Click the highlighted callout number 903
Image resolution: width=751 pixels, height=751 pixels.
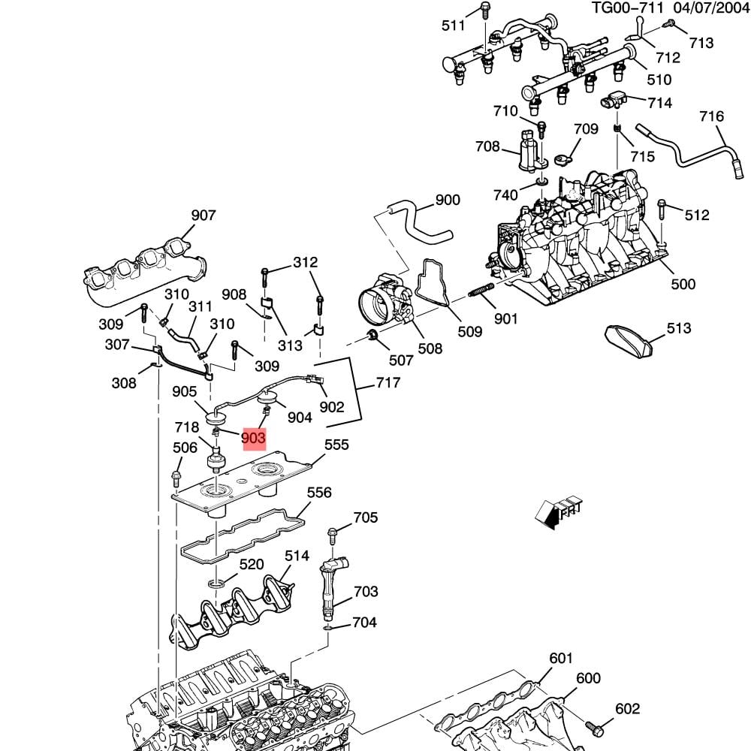tap(254, 438)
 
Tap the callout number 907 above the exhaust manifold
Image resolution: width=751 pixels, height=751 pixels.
tap(204, 216)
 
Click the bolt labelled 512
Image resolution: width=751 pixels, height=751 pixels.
tap(662, 210)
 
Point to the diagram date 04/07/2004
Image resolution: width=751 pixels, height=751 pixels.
tap(712, 8)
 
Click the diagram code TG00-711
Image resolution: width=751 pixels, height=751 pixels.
tap(627, 8)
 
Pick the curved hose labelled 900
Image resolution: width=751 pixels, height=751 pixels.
tap(419, 222)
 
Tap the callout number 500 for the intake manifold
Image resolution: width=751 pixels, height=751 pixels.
tap(683, 284)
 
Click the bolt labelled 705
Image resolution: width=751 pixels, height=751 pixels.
tap(333, 535)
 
